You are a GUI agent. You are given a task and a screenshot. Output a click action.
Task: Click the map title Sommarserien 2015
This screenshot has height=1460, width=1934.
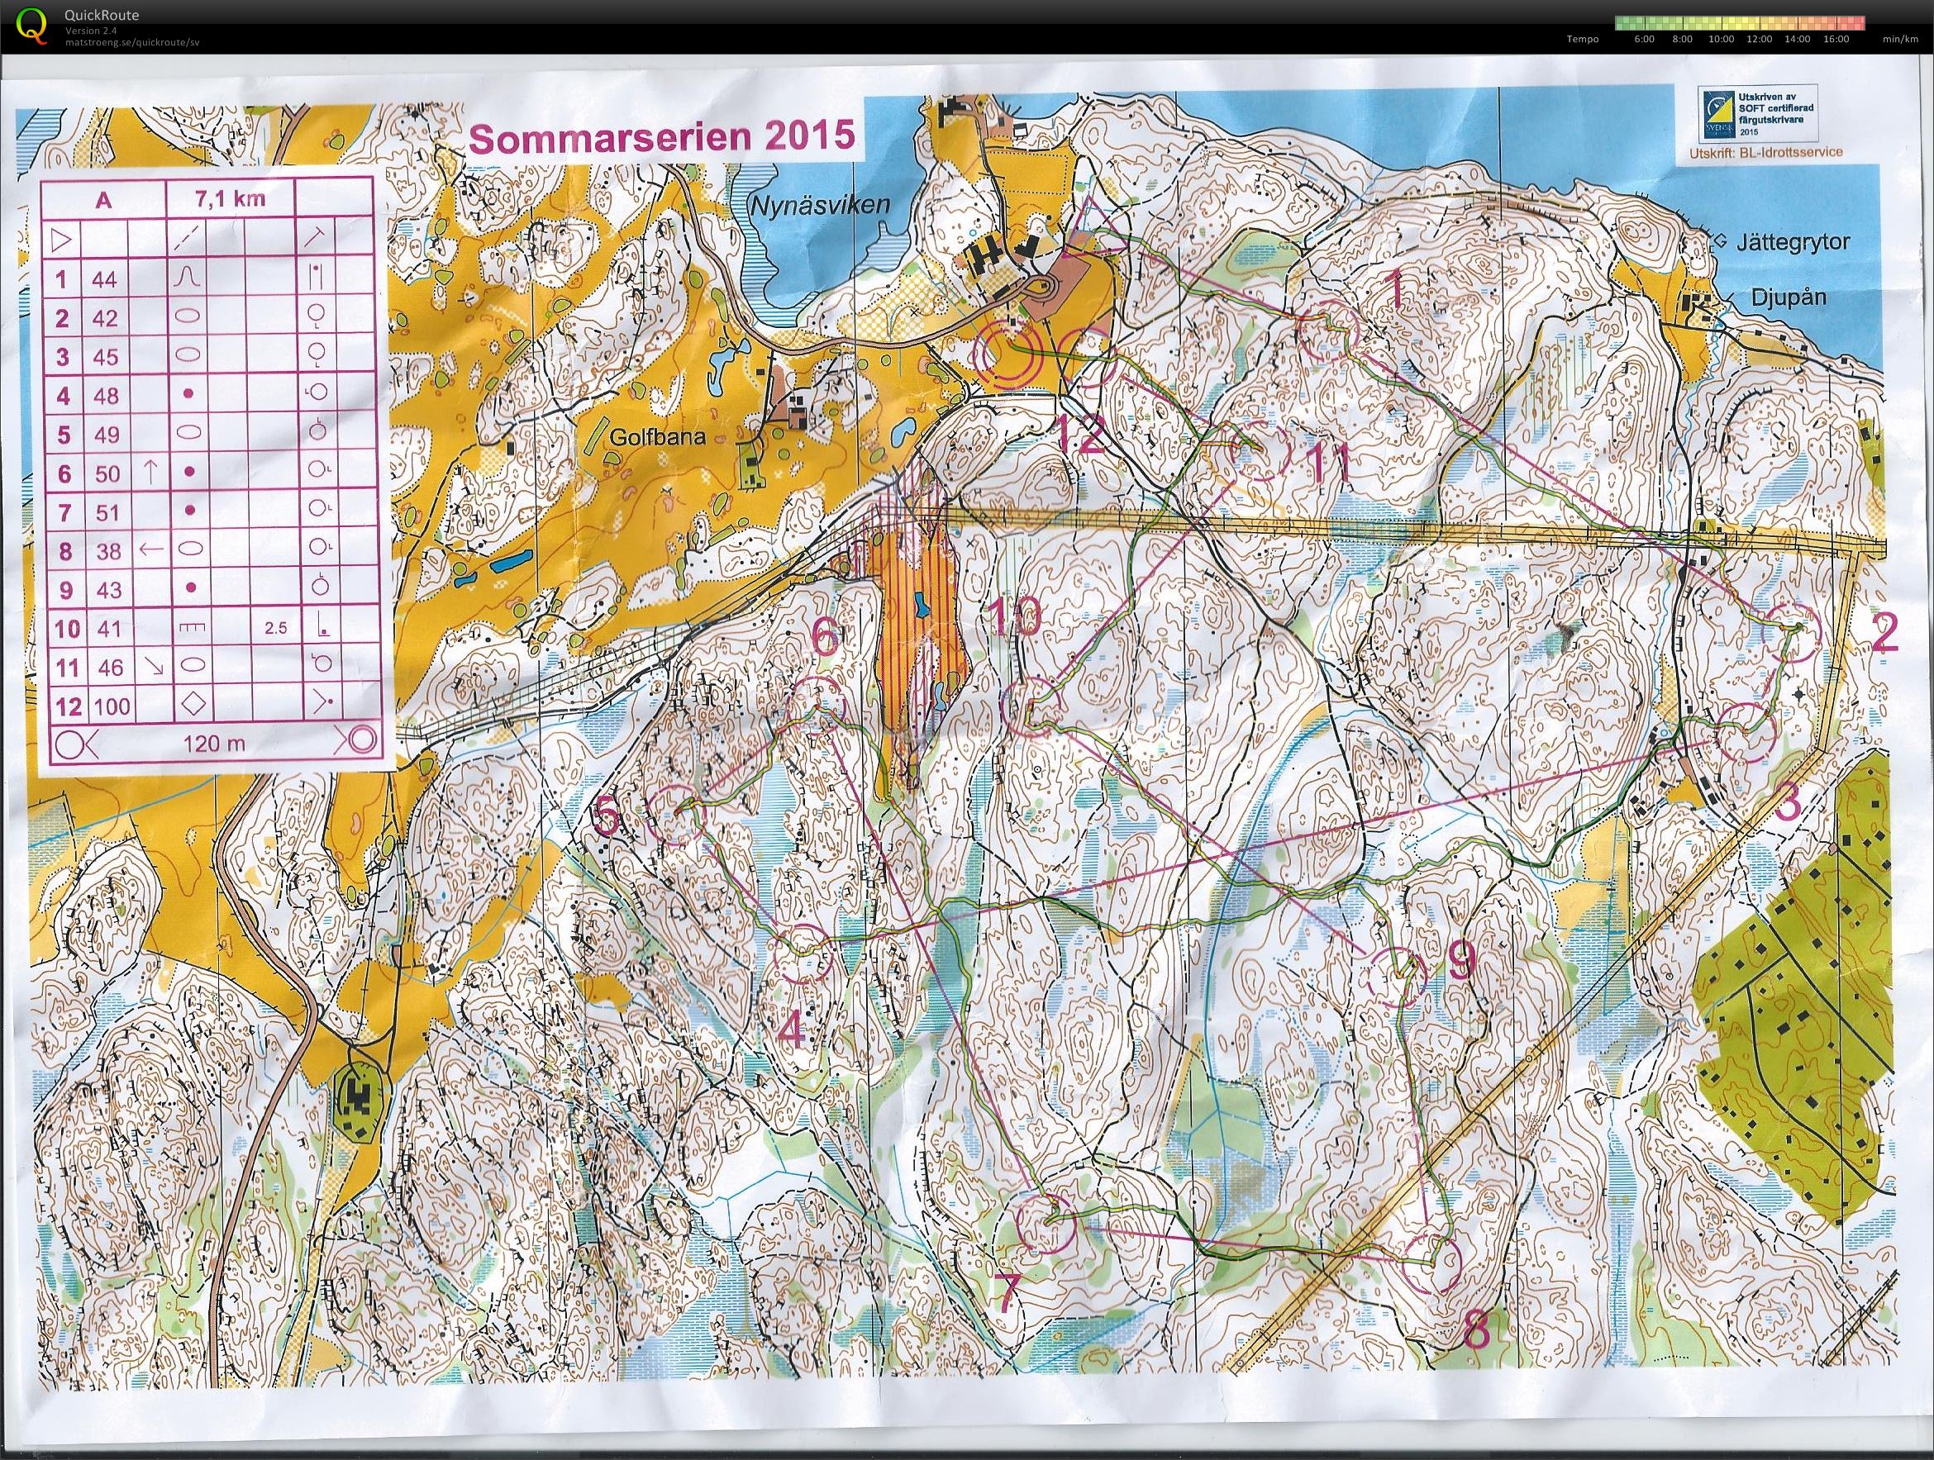pyautogui.click(x=662, y=137)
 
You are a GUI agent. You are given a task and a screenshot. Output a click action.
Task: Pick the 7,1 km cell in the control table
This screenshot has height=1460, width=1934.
pyautogui.click(x=231, y=200)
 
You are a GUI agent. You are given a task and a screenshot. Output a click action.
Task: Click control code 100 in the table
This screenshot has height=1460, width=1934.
pyautogui.click(x=111, y=706)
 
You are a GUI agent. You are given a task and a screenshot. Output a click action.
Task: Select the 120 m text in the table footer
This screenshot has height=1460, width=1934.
pyautogui.click(x=214, y=744)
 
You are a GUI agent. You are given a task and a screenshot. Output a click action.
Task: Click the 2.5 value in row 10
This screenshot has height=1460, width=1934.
pyautogui.click(x=275, y=628)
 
